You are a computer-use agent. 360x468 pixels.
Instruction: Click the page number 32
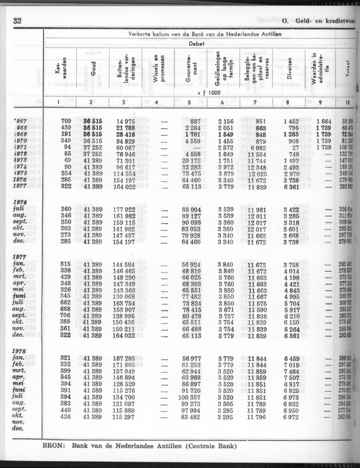[x=17, y=21]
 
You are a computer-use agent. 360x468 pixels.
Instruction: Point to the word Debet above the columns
[x=196, y=43]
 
